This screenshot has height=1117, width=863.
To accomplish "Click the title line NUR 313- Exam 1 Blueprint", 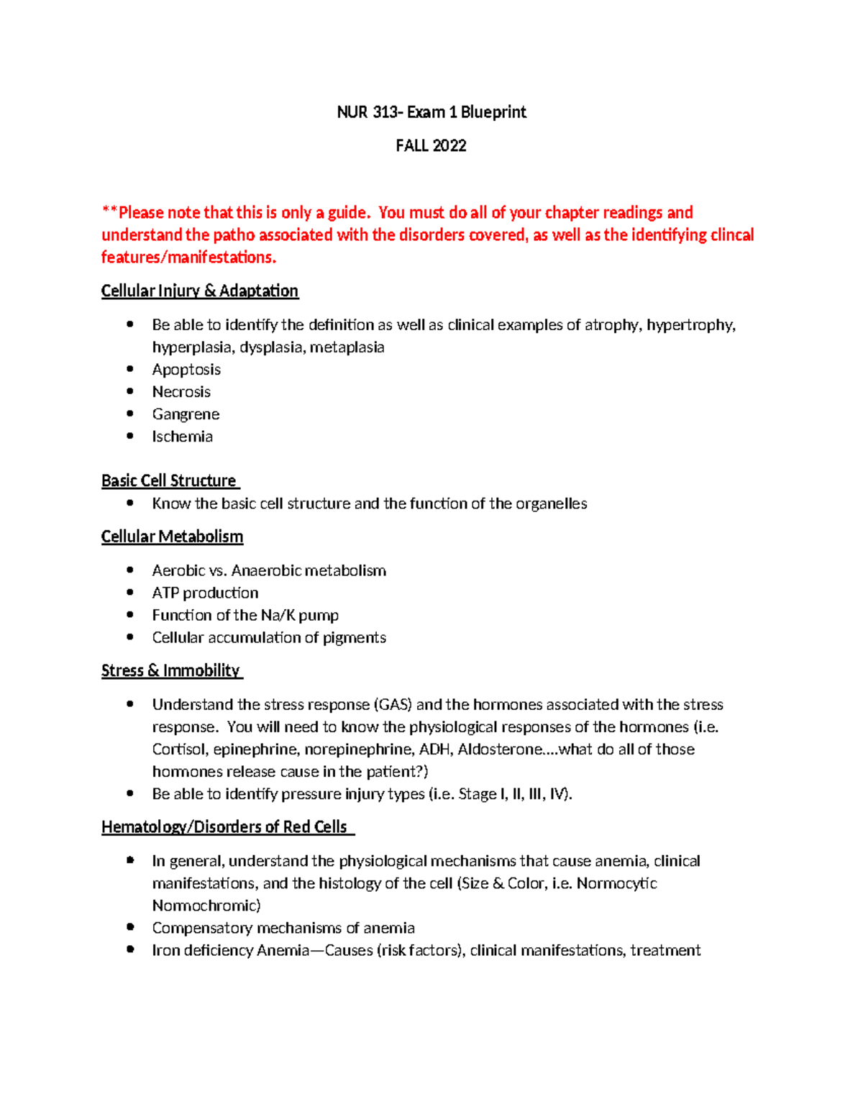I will [x=431, y=112].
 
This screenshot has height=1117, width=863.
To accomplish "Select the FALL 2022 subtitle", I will [x=431, y=146].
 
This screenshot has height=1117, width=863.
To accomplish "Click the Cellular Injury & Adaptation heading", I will [x=199, y=291].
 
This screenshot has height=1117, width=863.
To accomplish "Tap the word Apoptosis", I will [x=186, y=370].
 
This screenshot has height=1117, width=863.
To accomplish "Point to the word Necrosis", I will [x=181, y=392].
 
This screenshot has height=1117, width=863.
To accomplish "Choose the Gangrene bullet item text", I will [x=186, y=414].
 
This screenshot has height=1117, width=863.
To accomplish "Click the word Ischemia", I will [x=182, y=437].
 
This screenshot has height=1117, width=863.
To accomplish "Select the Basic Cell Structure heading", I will [x=169, y=481].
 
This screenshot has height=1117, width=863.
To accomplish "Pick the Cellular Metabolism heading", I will [x=172, y=537].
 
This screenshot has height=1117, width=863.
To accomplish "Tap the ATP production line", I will [x=205, y=593].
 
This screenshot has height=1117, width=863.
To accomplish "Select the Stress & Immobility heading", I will [x=170, y=671].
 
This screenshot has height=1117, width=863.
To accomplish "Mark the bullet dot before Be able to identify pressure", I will [x=130, y=793].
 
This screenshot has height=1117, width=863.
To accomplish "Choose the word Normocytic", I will [x=616, y=883].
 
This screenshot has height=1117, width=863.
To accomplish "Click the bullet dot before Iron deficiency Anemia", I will [x=130, y=949].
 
